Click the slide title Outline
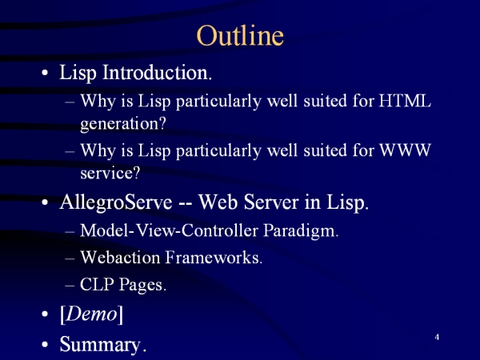pos(240,35)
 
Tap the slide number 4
pos(437,337)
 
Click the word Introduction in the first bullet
pos(157,73)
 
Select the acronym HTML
pos(405,100)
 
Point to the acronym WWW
pos(405,150)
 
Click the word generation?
pos(123,124)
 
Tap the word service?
pos(110,173)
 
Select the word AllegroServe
pos(116,202)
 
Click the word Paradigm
pos(301,230)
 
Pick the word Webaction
pos(120,257)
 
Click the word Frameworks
pos(214,257)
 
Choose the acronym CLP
pos(97,284)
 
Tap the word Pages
pos(142,285)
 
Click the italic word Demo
pos(91,314)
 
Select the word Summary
pos(103,345)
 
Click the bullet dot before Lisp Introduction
pos(45,73)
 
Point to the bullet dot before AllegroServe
pos(45,202)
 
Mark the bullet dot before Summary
pos(45,344)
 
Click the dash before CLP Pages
pos(70,285)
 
